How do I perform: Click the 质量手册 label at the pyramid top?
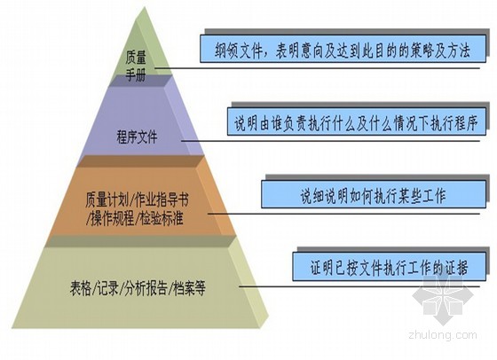136,67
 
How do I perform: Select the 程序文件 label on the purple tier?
137,137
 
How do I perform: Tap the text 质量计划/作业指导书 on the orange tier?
137,200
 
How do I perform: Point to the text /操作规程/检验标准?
135,218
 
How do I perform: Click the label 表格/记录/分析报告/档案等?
138,288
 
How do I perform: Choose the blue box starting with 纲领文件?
343,49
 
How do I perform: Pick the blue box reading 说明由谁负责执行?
357,121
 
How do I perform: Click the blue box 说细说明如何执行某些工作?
374,194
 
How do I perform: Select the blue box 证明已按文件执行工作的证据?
390,267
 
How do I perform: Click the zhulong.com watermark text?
443,334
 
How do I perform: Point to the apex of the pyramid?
145,7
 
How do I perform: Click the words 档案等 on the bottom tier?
189,288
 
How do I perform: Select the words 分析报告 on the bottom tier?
146,288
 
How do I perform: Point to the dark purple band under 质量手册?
138,81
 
